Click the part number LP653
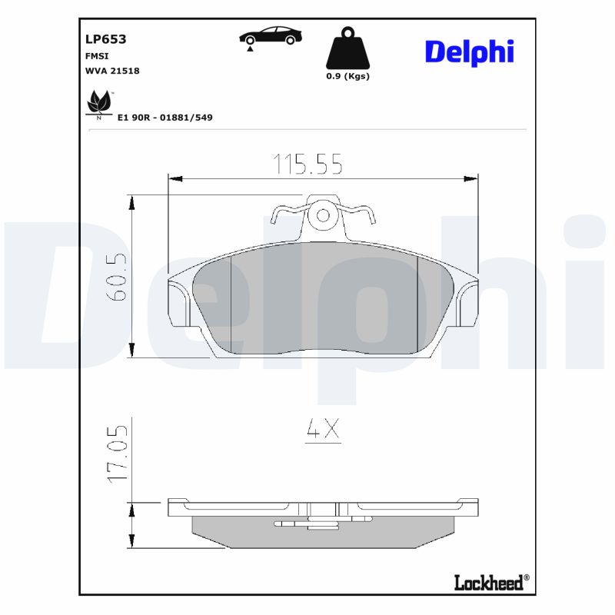coord(105,38)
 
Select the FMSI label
coord(95,56)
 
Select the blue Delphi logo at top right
coord(469,52)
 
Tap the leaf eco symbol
coord(98,103)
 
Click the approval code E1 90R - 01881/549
coord(165,118)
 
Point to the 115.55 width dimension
coord(307,163)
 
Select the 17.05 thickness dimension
coord(117,455)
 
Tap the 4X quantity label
coord(322,431)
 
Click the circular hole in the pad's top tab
coord(324,216)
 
